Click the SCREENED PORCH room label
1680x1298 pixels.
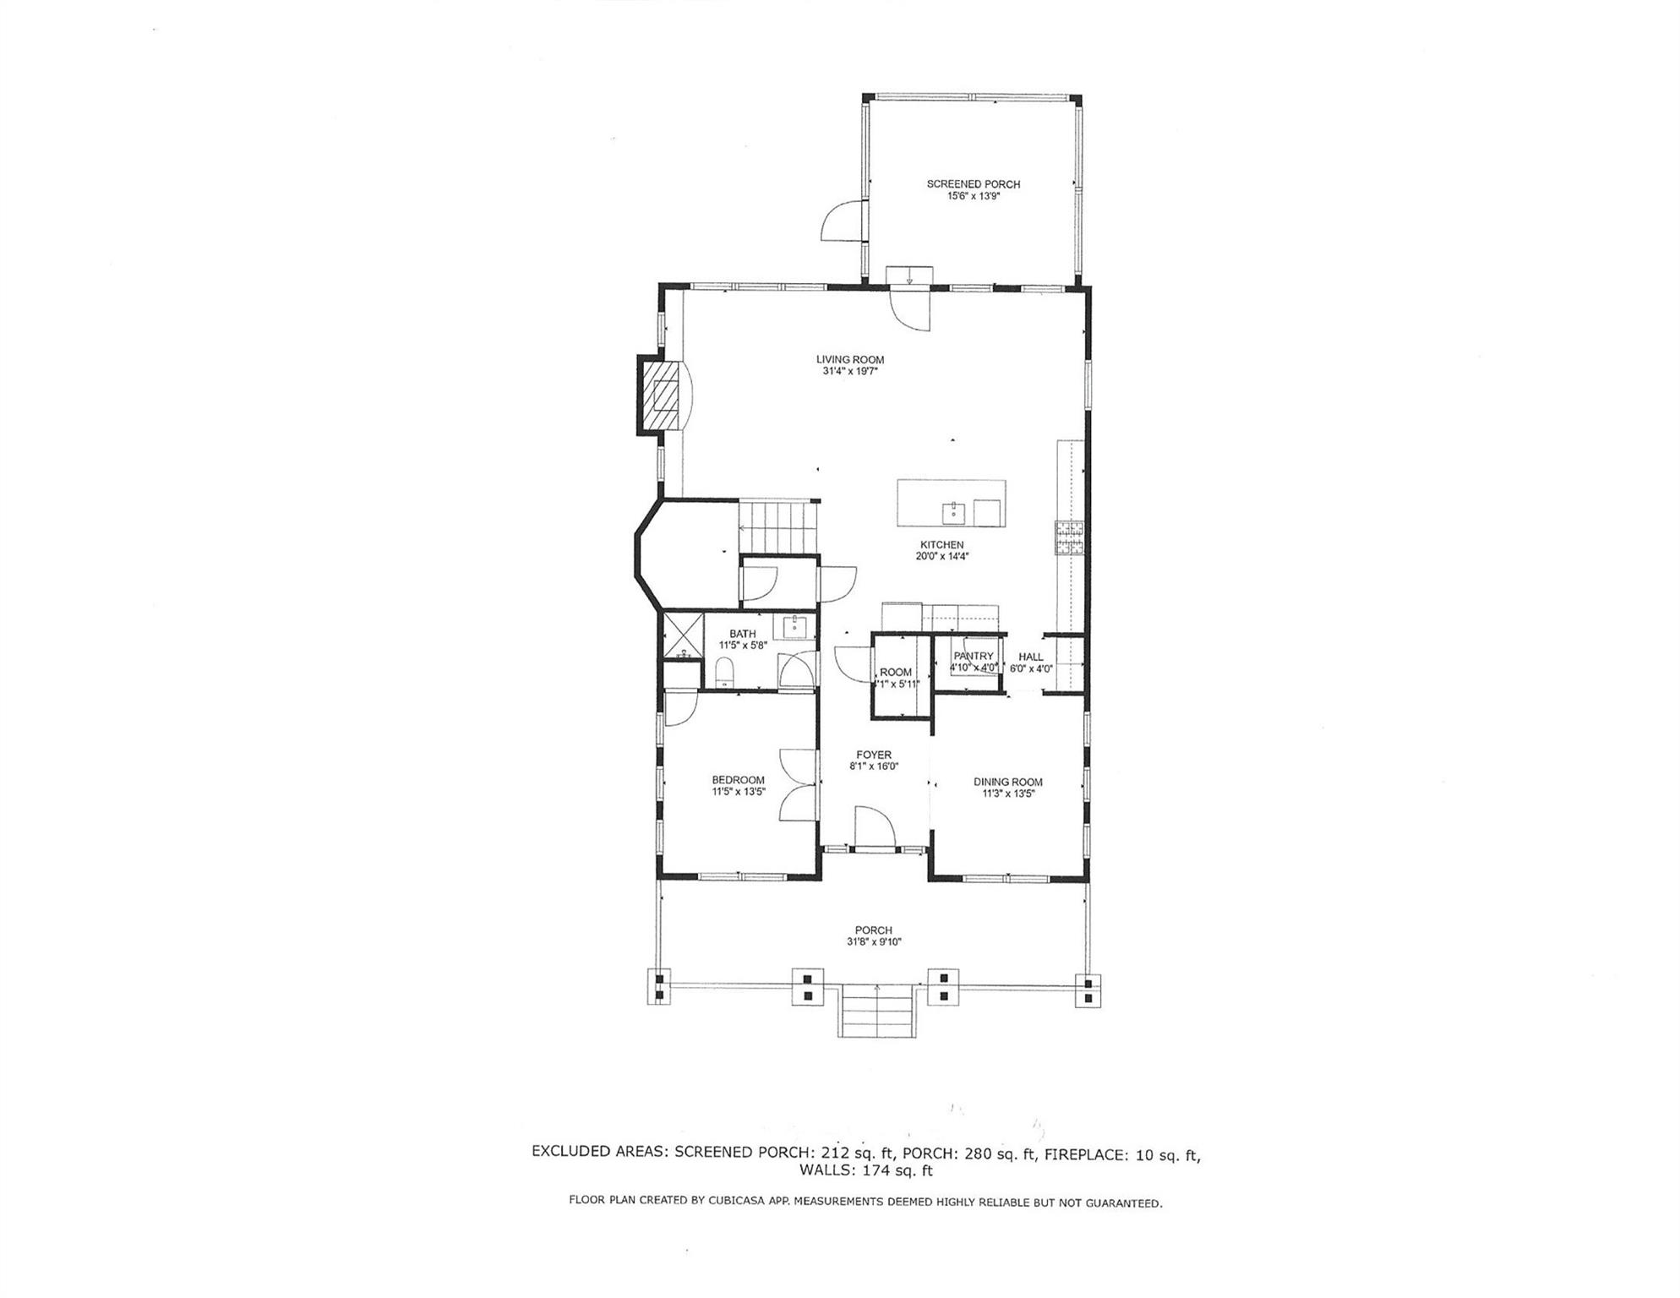(973, 183)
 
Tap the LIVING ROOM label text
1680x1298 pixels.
(849, 359)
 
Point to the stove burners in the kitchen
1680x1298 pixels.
(1069, 538)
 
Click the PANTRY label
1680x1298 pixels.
(973, 656)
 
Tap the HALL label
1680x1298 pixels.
(1030, 656)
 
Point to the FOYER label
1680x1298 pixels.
(873, 755)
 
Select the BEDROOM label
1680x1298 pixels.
(738, 780)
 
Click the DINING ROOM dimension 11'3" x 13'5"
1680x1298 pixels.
(1007, 794)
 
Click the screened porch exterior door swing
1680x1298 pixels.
(843, 221)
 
